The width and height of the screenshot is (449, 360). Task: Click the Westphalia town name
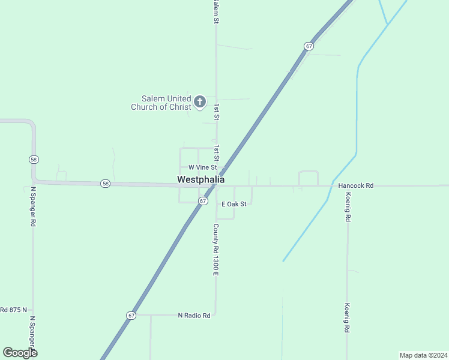coord(201,179)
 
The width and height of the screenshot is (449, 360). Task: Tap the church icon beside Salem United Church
coord(199,101)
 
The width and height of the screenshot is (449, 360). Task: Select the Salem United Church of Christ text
coord(161,103)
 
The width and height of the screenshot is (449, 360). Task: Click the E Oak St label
coord(234,204)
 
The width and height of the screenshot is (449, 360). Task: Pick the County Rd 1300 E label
coord(215,250)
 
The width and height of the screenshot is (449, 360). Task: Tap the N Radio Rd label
coord(194,315)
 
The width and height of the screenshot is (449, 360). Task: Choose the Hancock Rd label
coord(356,186)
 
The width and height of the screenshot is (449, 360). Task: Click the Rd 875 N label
coord(14,310)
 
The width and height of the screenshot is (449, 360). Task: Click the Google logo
coord(20,353)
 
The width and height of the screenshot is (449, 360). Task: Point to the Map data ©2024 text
coord(424,355)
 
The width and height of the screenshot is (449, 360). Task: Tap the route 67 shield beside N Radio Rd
coord(131,315)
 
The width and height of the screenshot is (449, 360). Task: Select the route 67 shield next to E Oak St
coord(203,201)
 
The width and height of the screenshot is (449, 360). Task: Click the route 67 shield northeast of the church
coord(309,46)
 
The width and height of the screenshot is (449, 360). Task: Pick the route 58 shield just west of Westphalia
coord(106,184)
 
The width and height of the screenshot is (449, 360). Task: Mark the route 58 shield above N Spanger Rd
coord(34,159)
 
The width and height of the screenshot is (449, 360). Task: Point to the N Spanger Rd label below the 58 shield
coord(33,206)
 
